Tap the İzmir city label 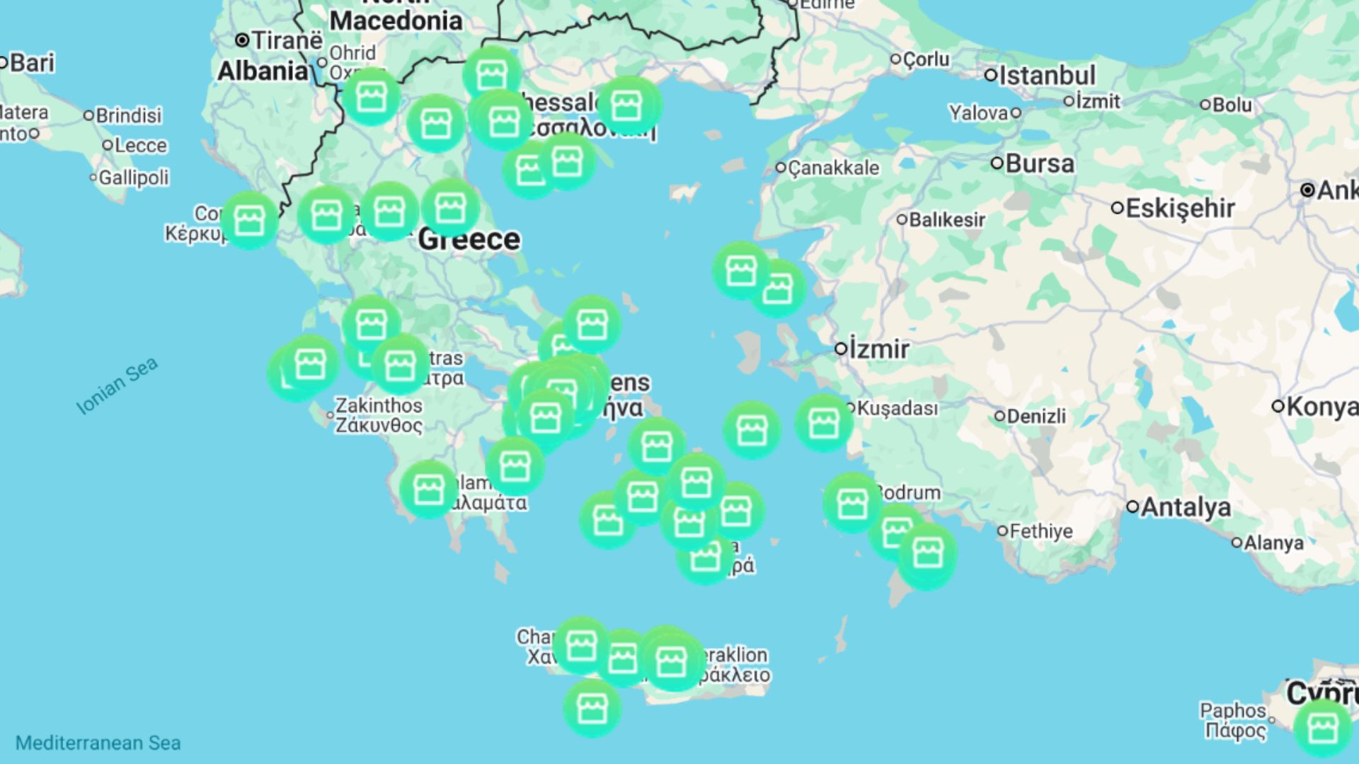pyautogui.click(x=878, y=349)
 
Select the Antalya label pyautogui.click(x=1186, y=507)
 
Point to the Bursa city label pyautogui.click(x=1039, y=164)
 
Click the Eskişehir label pyautogui.click(x=1179, y=209)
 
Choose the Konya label pyautogui.click(x=1321, y=407)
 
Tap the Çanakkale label pyautogui.click(x=833, y=168)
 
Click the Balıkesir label pyautogui.click(x=946, y=220)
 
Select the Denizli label pyautogui.click(x=1036, y=416)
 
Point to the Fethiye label pyautogui.click(x=1040, y=531)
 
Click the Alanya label pyautogui.click(x=1273, y=543)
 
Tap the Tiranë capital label pyautogui.click(x=287, y=40)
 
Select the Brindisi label pyautogui.click(x=128, y=115)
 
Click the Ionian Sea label pyautogui.click(x=117, y=386)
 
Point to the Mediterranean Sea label pyautogui.click(x=98, y=743)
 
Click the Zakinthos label pyautogui.click(x=378, y=406)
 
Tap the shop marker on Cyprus pyautogui.click(x=1322, y=728)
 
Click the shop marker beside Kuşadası pyautogui.click(x=823, y=423)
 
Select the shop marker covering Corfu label pyautogui.click(x=248, y=220)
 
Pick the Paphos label pyautogui.click(x=1232, y=710)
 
